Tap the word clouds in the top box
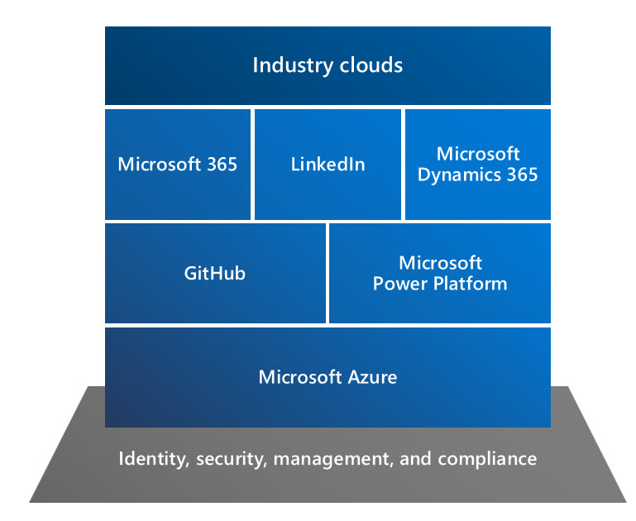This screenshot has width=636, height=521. tap(371, 65)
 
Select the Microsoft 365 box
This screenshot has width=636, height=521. tap(178, 165)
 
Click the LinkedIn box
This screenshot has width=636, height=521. tap(328, 165)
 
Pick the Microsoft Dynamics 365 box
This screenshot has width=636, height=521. tap(478, 165)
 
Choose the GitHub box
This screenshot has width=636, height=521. tap(215, 273)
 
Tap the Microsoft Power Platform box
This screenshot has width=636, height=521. tap(440, 273)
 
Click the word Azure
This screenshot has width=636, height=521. tap(372, 377)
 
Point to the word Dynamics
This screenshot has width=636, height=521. tap(459, 175)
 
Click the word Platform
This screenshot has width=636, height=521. tap(470, 284)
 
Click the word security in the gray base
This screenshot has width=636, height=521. tap(232, 459)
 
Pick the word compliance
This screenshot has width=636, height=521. tap(487, 458)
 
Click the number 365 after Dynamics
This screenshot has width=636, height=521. tap(523, 174)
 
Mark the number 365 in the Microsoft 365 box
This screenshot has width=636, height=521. tap(222, 165)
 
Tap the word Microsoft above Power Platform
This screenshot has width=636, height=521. tap(441, 263)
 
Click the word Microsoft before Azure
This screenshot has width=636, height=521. tap(300, 377)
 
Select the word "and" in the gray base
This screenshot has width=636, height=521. tap(415, 458)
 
